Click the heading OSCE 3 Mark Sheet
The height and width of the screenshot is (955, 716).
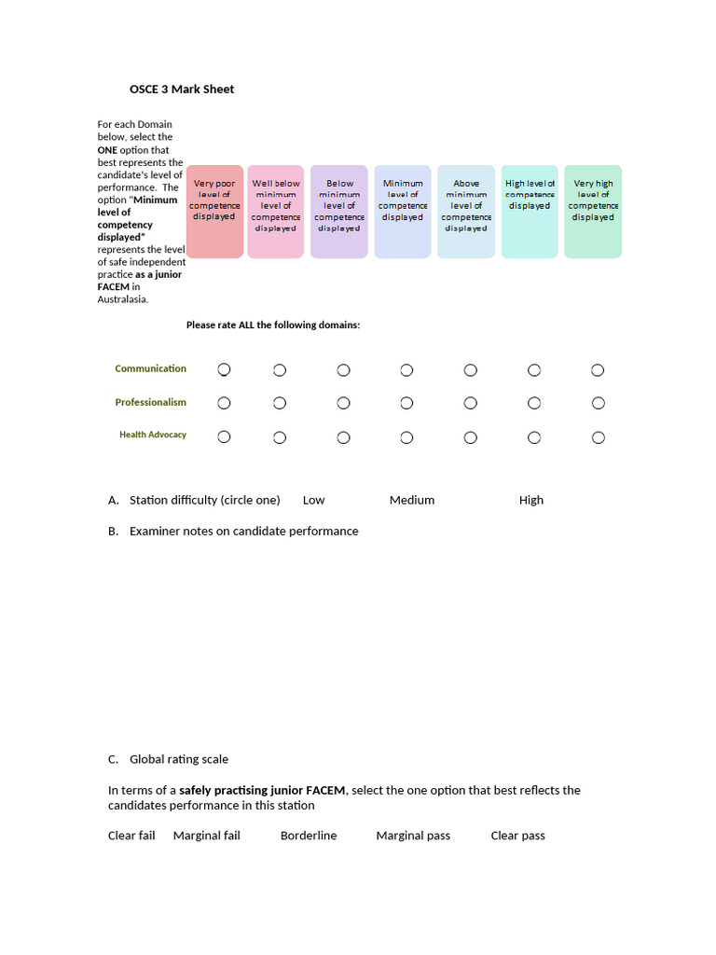tap(182, 90)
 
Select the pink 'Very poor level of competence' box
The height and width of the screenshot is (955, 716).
tap(214, 212)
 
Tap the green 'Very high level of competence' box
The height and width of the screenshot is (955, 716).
tap(593, 212)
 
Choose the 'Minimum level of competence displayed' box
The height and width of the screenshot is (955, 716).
tap(403, 212)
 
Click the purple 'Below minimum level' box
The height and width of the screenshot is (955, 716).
tap(339, 212)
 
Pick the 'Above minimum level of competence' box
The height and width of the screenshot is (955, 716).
tap(466, 212)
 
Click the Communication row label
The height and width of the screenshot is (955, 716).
tap(150, 368)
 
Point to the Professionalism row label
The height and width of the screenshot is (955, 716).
tap(150, 403)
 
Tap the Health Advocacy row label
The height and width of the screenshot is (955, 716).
tap(152, 435)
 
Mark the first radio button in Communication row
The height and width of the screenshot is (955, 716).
tap(224, 370)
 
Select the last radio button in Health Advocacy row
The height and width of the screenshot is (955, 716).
tap(598, 437)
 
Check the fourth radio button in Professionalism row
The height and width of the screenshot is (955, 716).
tap(406, 403)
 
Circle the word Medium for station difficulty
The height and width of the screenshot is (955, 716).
tap(412, 500)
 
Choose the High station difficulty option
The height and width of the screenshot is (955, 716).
tap(531, 500)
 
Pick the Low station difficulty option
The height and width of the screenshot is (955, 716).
tap(314, 500)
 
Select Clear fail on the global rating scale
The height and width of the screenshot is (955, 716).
tap(131, 836)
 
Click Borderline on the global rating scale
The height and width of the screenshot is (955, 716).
tap(309, 836)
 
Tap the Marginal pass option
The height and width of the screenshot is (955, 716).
tap(413, 836)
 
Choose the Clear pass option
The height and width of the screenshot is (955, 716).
tap(517, 836)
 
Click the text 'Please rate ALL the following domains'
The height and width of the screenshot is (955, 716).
tap(273, 325)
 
